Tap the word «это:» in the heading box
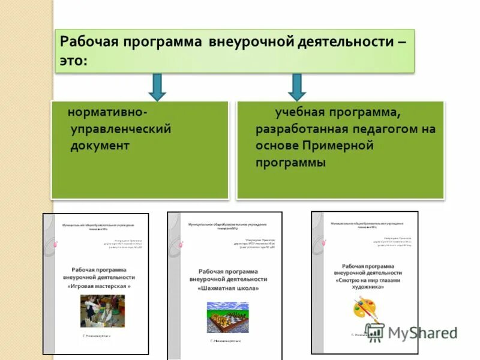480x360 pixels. pyautogui.click(x=73, y=62)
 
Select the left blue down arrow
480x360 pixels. pyautogui.click(x=157, y=87)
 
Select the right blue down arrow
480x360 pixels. pyautogui.click(x=296, y=87)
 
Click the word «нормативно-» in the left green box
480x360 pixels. pyautogui.click(x=108, y=112)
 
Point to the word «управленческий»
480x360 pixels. pyautogui.click(x=121, y=129)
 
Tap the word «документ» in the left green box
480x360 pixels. pyautogui.click(x=100, y=146)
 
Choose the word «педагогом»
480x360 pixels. pyautogui.click(x=377, y=129)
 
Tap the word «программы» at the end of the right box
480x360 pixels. pyautogui.click(x=291, y=163)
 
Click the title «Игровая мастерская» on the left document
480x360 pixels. pyautogui.click(x=99, y=287)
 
